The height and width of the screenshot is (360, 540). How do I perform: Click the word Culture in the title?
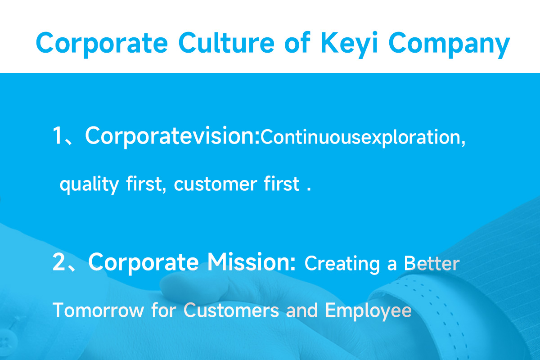(x=226, y=43)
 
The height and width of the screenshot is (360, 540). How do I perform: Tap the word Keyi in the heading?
(x=349, y=45)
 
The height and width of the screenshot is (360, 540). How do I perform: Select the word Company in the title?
(x=449, y=45)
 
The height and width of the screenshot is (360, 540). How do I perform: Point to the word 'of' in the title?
(x=297, y=42)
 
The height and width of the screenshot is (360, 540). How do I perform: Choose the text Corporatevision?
(x=172, y=137)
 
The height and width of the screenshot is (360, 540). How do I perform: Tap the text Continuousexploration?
(x=363, y=138)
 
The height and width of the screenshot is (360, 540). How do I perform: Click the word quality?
(x=90, y=184)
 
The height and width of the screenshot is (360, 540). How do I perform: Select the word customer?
(x=216, y=184)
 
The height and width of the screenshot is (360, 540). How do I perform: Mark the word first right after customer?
(x=282, y=184)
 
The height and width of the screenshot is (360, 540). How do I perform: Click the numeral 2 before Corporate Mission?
(x=59, y=262)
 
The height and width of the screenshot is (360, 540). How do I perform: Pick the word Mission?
(x=251, y=262)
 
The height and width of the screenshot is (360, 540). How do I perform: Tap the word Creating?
(x=342, y=265)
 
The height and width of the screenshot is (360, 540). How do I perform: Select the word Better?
(x=432, y=263)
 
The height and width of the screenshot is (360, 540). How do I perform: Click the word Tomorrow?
(x=99, y=310)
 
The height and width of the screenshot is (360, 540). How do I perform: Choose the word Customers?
(x=231, y=310)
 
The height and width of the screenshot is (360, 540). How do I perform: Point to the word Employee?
(x=369, y=311)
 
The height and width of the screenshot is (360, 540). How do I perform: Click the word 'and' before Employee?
(x=302, y=310)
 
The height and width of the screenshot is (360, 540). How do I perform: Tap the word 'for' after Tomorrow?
(x=164, y=310)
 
